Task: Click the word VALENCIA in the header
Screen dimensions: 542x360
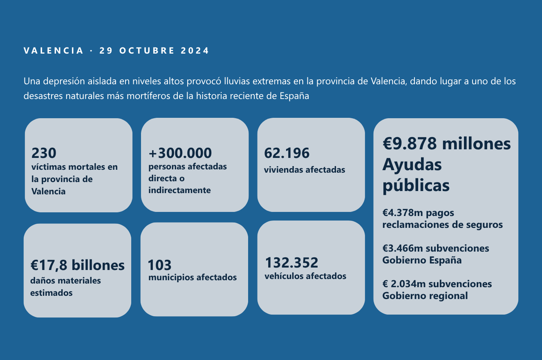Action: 53,51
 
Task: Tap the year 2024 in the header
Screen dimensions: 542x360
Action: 195,51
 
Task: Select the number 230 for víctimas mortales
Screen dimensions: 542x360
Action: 44,153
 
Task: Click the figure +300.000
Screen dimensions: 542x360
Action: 180,153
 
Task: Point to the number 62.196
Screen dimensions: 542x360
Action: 287,153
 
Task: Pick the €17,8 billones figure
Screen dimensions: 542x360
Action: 77,265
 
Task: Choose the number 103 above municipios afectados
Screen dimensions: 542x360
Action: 159,265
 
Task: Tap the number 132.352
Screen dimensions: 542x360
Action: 291,263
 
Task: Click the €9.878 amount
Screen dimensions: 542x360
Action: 410,144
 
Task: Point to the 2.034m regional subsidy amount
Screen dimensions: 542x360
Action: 408,284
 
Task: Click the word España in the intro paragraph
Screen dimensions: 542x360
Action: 294,96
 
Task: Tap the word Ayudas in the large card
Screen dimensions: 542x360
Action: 412,164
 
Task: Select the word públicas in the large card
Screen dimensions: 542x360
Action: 416,186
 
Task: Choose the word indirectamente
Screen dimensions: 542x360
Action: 179,190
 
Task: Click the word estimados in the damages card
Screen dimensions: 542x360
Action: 51,293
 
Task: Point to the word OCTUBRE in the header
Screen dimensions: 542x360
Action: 147,51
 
